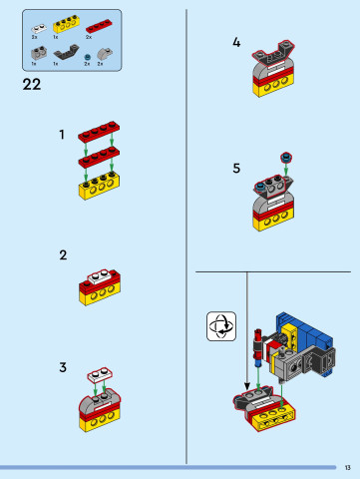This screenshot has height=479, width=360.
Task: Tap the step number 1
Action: point(62,134)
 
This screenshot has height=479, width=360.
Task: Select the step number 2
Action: point(63,255)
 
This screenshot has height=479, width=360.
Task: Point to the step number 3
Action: point(63,367)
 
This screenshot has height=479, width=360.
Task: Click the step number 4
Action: point(236,43)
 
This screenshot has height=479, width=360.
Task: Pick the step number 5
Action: point(236,168)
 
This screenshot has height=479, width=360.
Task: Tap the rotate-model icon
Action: point(220,325)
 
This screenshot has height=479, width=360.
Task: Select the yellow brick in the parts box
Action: point(65,24)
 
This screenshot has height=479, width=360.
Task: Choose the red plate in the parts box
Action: point(99,25)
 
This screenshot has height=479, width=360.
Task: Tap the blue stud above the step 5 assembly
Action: point(286,157)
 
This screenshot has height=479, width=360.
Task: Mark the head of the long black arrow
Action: point(247,412)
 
